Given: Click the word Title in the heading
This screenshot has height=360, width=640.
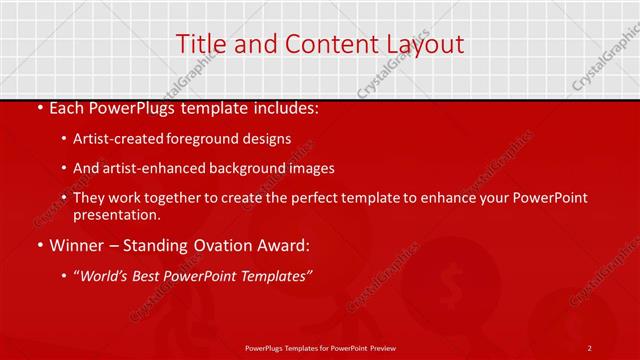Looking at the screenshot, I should tap(198, 44).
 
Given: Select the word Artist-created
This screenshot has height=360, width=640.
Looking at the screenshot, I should tap(118, 138).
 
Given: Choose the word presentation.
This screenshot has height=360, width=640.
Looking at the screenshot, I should tap(116, 215).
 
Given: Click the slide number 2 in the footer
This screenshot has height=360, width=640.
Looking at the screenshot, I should tap(590, 347).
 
